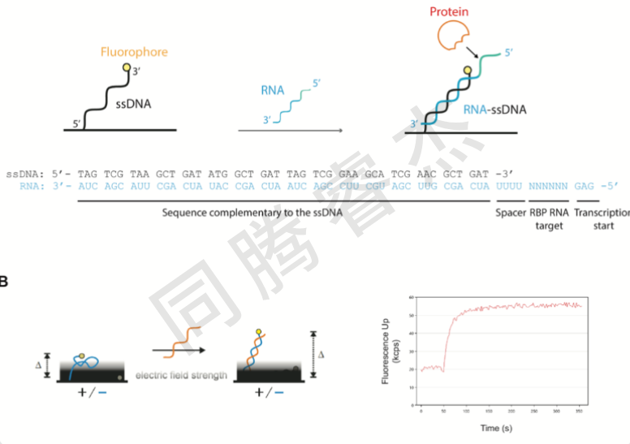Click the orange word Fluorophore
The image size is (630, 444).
pos(134,52)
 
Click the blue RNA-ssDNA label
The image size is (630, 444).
pos(490,109)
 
